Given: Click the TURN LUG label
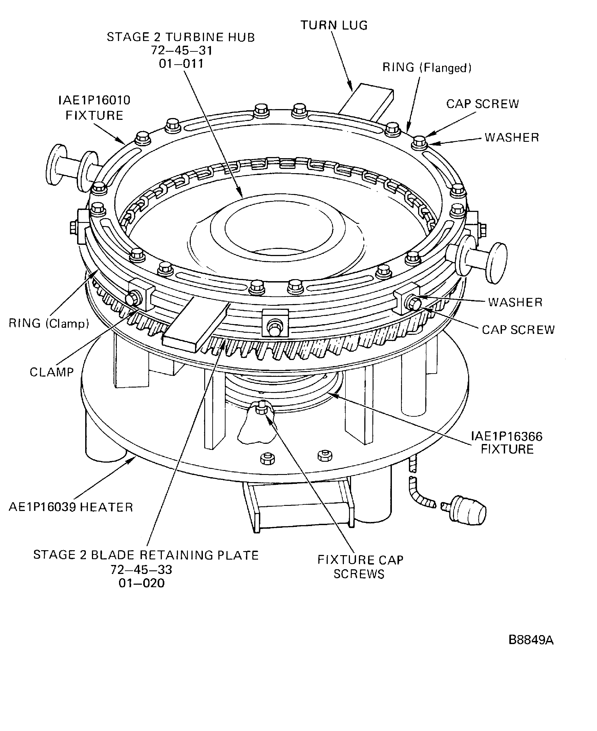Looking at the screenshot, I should (x=334, y=25).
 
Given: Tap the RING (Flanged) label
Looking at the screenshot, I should (x=427, y=67).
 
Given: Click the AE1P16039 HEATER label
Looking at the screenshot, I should (x=70, y=507).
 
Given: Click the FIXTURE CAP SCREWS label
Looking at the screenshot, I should (x=360, y=567).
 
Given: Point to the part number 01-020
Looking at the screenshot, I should (x=142, y=583).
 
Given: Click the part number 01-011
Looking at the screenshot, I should (x=181, y=64).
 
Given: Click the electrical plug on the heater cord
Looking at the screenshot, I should (x=468, y=514).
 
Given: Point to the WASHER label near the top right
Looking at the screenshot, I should (x=512, y=138).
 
